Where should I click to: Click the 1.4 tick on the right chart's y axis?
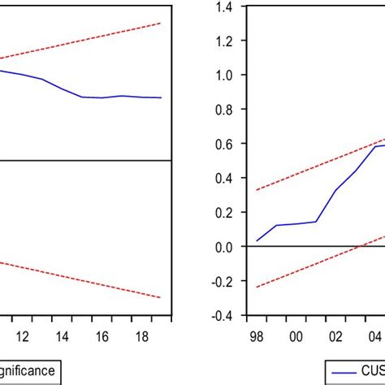pyautogui.click(x=223, y=6)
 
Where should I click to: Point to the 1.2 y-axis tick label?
pyautogui.click(x=223, y=41)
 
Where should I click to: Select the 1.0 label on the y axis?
pyautogui.click(x=223, y=75)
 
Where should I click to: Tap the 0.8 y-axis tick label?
pyautogui.click(x=223, y=109)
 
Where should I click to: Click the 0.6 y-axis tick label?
pyautogui.click(x=223, y=144)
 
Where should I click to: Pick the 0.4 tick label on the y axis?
pyautogui.click(x=223, y=178)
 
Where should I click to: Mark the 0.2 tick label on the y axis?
pyautogui.click(x=223, y=212)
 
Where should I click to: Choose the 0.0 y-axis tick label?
pyautogui.click(x=223, y=246)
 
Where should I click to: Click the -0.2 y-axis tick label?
pyautogui.click(x=221, y=281)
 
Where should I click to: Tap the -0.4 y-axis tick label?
pyautogui.click(x=221, y=315)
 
